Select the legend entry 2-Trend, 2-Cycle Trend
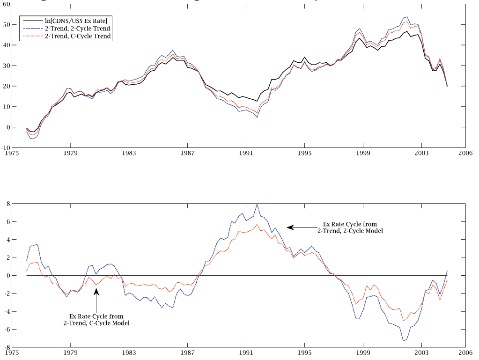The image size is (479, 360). [78, 29]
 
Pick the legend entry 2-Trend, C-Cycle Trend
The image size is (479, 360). [78, 36]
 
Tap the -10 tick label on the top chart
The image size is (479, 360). [6, 147]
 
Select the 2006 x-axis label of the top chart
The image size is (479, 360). [465, 153]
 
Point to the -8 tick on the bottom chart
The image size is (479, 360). [7, 347]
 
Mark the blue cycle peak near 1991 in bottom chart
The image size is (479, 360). [257, 205]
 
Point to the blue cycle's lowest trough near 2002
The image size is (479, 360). [403, 341]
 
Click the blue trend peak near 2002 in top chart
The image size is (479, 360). [406, 17]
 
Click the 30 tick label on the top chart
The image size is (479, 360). [7, 66]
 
